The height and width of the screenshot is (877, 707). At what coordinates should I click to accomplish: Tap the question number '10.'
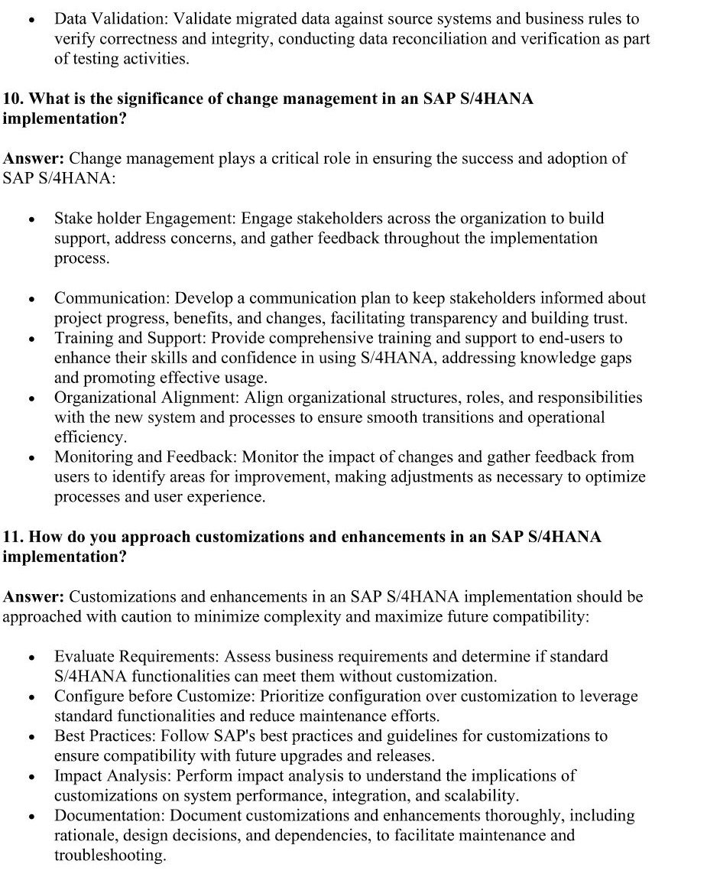click(13, 99)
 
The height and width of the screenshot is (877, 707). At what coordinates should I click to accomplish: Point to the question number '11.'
click(13, 537)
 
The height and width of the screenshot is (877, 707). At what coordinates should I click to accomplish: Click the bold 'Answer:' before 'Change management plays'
click(34, 158)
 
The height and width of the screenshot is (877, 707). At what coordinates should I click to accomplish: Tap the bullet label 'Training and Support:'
click(131, 337)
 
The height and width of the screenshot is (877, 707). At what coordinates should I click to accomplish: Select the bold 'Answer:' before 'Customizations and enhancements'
click(34, 596)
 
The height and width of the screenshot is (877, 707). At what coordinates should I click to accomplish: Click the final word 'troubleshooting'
click(109, 855)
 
